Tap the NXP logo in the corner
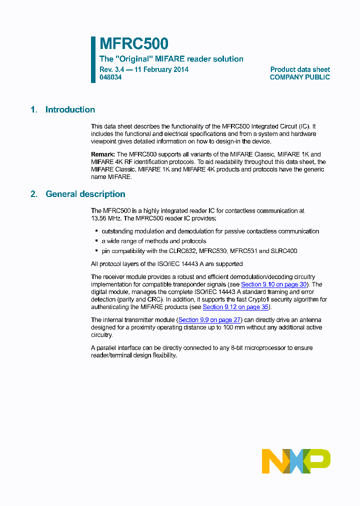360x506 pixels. (x=296, y=461)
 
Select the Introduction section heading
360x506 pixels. (x=70, y=110)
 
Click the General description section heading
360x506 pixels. (x=85, y=194)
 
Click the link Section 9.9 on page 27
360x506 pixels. (x=209, y=320)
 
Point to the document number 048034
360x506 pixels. (x=110, y=77)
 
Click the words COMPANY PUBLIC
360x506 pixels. (x=299, y=77)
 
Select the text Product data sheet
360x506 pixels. (x=300, y=69)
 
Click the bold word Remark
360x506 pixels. (x=103, y=154)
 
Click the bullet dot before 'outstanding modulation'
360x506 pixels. (x=96, y=231)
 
